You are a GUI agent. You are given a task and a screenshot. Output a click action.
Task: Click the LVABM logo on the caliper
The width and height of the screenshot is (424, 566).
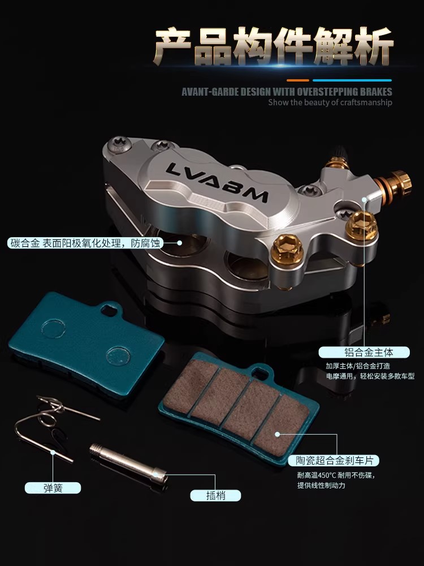point(217,183)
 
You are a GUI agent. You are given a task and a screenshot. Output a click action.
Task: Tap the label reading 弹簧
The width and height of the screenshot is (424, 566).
point(53,488)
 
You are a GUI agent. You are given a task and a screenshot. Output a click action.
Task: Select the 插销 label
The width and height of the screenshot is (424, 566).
point(215,495)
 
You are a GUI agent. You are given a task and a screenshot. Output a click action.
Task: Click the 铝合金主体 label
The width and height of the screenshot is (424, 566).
point(364,352)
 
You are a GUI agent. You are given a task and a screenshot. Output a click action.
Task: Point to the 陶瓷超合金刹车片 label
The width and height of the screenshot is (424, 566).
point(334,461)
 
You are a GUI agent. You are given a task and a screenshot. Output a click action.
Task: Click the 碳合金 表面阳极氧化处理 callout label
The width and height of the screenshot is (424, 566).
point(85,243)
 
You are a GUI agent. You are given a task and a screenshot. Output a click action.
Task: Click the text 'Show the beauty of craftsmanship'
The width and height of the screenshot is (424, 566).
point(330,102)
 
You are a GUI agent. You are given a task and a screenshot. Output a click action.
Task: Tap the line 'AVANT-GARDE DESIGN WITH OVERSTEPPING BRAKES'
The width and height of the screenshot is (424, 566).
point(287,92)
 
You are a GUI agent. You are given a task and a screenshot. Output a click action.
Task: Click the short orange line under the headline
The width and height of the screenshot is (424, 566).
point(298,80)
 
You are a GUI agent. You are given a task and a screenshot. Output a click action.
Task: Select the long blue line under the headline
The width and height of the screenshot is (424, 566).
point(352,80)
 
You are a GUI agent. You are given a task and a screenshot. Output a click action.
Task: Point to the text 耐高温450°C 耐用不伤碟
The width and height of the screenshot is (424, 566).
point(336,475)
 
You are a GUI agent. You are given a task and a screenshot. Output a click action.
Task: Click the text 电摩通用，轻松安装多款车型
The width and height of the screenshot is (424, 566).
point(370,376)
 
